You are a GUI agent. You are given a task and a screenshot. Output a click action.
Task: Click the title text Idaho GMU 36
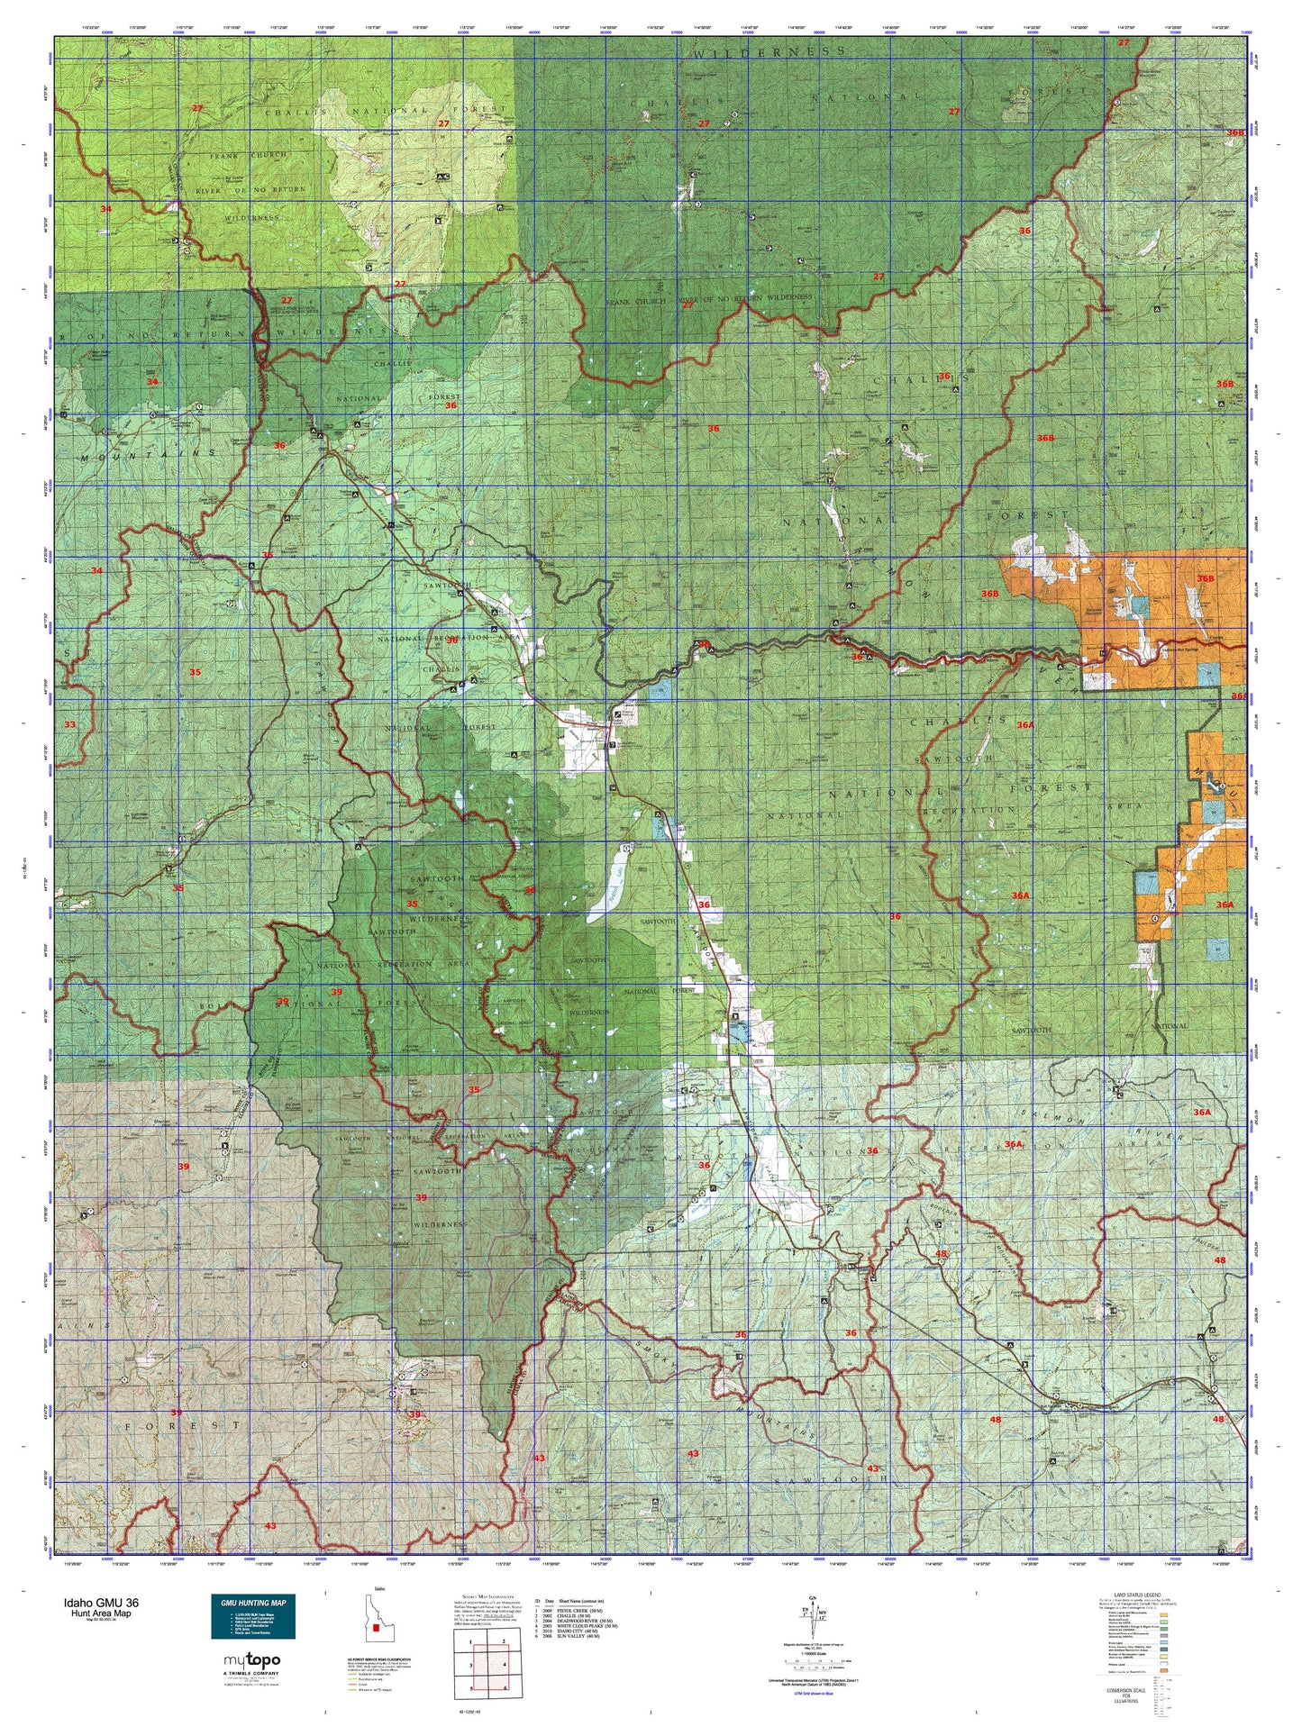click(100, 1604)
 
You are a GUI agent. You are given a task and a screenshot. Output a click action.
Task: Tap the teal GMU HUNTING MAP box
click(252, 1619)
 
